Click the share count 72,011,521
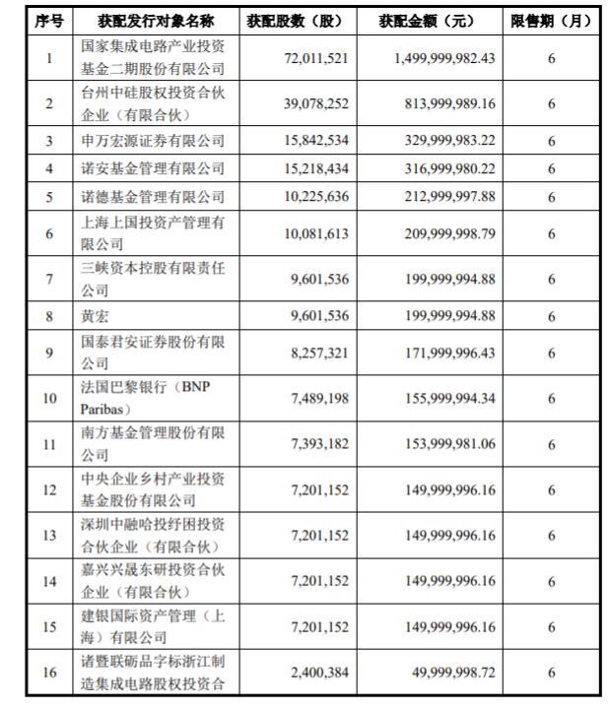(x=314, y=59)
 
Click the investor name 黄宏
(x=96, y=315)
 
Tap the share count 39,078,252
(x=314, y=102)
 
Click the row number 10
(x=49, y=398)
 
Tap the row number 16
(x=49, y=672)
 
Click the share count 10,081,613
(x=314, y=233)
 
